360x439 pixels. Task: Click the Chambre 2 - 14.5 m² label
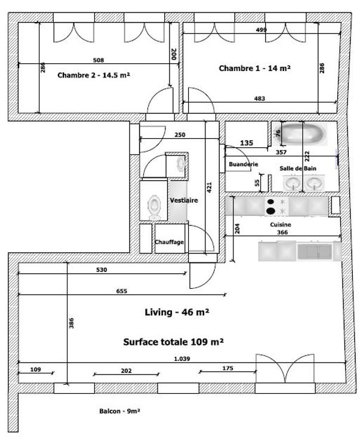click(94, 76)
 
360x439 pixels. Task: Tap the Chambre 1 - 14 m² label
click(254, 69)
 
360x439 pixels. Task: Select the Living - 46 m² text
click(177, 312)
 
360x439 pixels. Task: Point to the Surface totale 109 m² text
click(173, 342)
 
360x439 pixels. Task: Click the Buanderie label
click(243, 163)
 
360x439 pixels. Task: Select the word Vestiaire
click(184, 200)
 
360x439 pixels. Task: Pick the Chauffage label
click(170, 242)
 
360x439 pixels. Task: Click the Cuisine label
click(280, 224)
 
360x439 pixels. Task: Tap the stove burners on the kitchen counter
click(270, 206)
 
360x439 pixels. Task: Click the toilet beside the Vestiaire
click(155, 206)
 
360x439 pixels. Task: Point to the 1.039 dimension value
click(182, 358)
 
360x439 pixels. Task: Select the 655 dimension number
click(122, 291)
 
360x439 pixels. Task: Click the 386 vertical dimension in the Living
click(71, 324)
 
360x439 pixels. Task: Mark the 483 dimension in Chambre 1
click(260, 98)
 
